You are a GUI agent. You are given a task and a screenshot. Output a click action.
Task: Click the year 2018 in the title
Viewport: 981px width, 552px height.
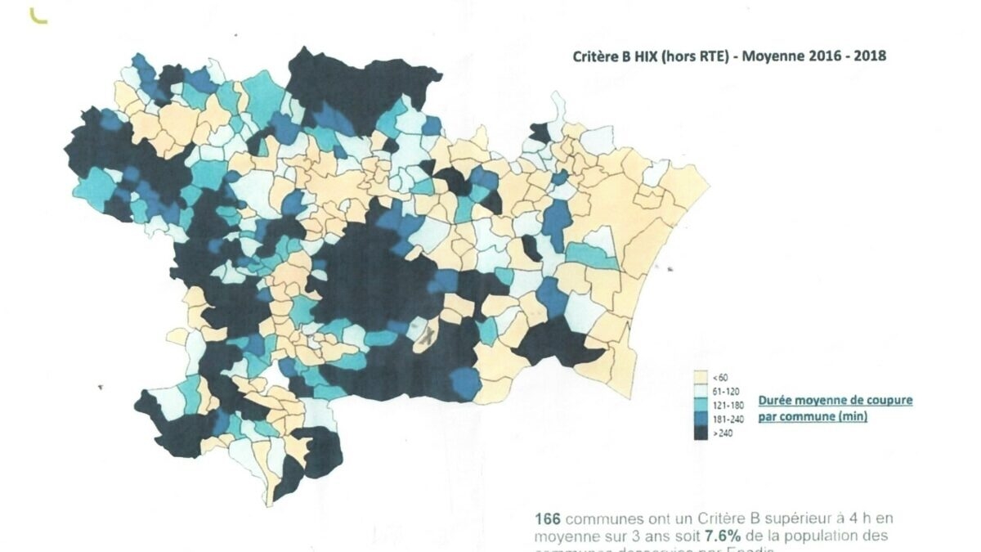(868, 56)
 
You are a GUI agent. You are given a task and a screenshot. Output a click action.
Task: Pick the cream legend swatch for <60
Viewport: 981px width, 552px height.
(700, 378)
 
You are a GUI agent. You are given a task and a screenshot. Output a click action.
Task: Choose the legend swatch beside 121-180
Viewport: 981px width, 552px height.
(700, 406)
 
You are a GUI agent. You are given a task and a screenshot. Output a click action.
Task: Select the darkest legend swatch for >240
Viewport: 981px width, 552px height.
(700, 433)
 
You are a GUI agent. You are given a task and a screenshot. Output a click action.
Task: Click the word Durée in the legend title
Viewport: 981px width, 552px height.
(776, 401)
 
